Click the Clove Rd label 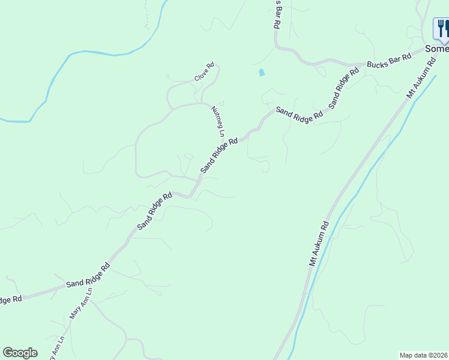click(204, 73)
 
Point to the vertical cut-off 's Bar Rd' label click(277, 15)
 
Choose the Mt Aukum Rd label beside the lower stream click(319, 244)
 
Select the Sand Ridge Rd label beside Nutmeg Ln click(219, 155)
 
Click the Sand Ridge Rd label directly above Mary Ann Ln click(88, 275)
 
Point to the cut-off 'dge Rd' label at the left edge click(11, 299)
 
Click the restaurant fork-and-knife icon click(442, 28)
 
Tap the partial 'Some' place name click(436, 49)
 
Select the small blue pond click(261, 73)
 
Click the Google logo click(20, 353)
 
